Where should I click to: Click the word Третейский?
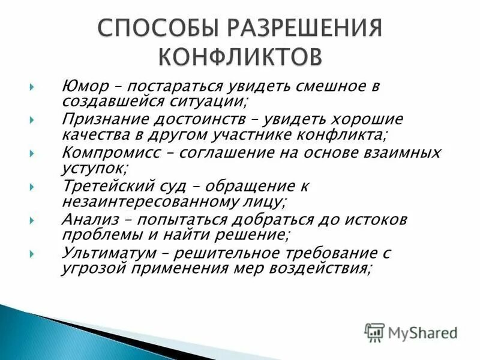104,186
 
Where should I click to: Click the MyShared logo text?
422,331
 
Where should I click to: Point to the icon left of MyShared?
374,331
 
